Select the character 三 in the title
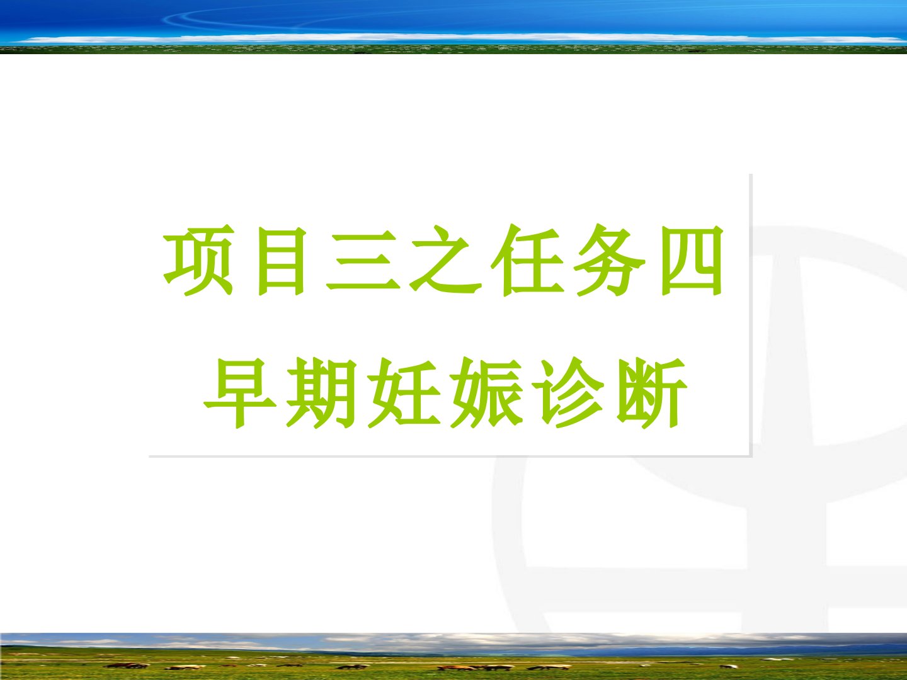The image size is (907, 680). point(363,261)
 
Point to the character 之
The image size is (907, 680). point(445,261)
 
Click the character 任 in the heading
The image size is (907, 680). point(528,261)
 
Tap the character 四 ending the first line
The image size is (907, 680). point(692,261)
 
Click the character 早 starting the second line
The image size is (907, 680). point(240,393)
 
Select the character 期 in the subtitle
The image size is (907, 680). point(321,393)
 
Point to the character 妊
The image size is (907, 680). point(404,393)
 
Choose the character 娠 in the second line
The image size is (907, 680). point(486,393)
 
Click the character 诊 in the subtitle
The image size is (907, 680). point(569,393)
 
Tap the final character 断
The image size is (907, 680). point(651,393)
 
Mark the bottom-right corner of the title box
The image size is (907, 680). point(751,456)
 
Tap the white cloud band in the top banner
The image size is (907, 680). point(455,38)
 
